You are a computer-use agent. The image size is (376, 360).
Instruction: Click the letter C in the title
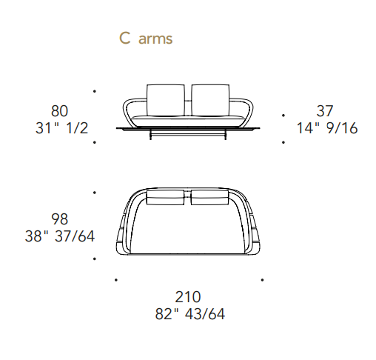click(x=124, y=39)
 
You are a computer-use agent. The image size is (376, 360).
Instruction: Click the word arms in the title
click(x=155, y=39)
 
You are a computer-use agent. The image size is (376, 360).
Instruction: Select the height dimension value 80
click(x=59, y=111)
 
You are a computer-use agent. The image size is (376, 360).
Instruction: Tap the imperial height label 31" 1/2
click(x=61, y=128)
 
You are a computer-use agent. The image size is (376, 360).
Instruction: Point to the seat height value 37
click(x=325, y=111)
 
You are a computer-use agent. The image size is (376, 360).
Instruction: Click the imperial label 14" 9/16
click(x=327, y=128)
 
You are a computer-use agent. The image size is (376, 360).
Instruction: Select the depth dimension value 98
click(x=59, y=219)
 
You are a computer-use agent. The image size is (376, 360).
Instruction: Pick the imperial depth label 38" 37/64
click(x=60, y=236)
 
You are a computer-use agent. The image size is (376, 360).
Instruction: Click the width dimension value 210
click(x=188, y=297)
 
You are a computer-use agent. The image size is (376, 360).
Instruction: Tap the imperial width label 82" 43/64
click(x=190, y=314)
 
